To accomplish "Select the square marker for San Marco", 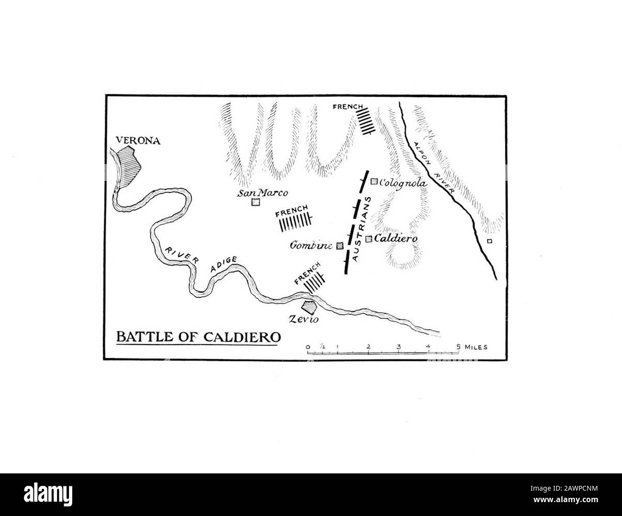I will click(x=255, y=202).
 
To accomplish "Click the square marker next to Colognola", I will click(x=374, y=181).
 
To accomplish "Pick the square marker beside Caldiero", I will click(x=369, y=239).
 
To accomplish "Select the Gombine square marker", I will click(x=340, y=246).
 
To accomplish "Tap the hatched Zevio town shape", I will click(x=309, y=306).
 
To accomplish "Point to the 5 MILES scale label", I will click(x=472, y=347).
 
